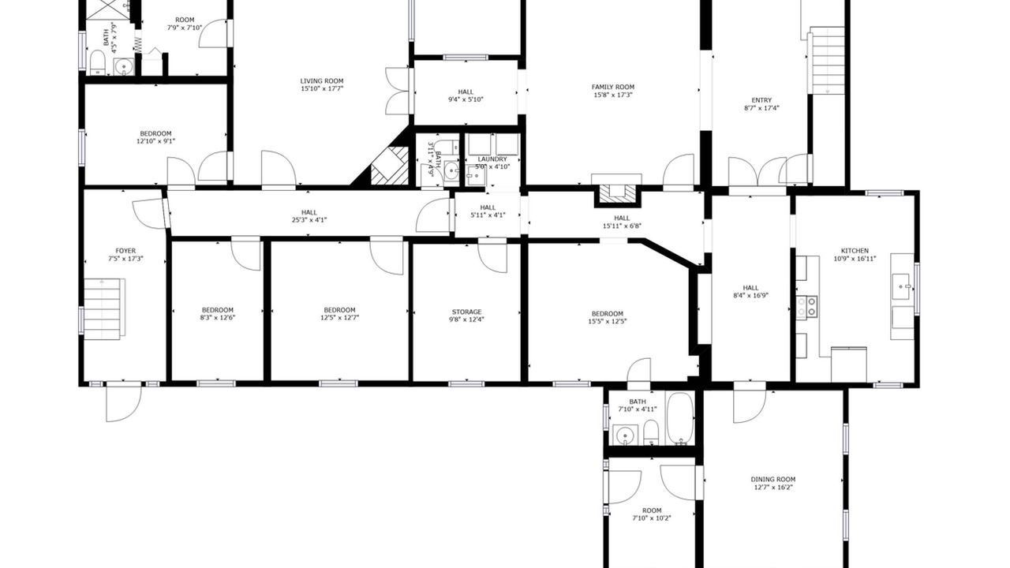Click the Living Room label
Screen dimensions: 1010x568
(322, 81)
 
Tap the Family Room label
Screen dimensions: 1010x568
(613, 87)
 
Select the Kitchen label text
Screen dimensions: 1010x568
(855, 251)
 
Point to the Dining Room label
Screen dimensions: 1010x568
(772, 480)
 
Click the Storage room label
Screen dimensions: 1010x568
(466, 312)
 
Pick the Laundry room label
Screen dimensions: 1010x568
(492, 159)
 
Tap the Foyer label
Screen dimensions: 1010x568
(125, 251)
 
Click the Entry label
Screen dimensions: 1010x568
(761, 100)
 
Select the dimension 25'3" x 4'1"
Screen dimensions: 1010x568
(309, 220)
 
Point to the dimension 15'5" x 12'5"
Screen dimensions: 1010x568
(608, 321)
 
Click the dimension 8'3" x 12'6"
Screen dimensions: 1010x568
(217, 317)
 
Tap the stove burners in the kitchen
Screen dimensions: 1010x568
(806, 307)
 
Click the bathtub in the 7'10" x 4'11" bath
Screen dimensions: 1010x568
(679, 418)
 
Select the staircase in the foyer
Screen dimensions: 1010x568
(104, 307)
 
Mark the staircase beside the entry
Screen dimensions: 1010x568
(828, 61)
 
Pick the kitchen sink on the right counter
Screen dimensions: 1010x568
(901, 286)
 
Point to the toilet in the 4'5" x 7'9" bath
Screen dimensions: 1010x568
(97, 62)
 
